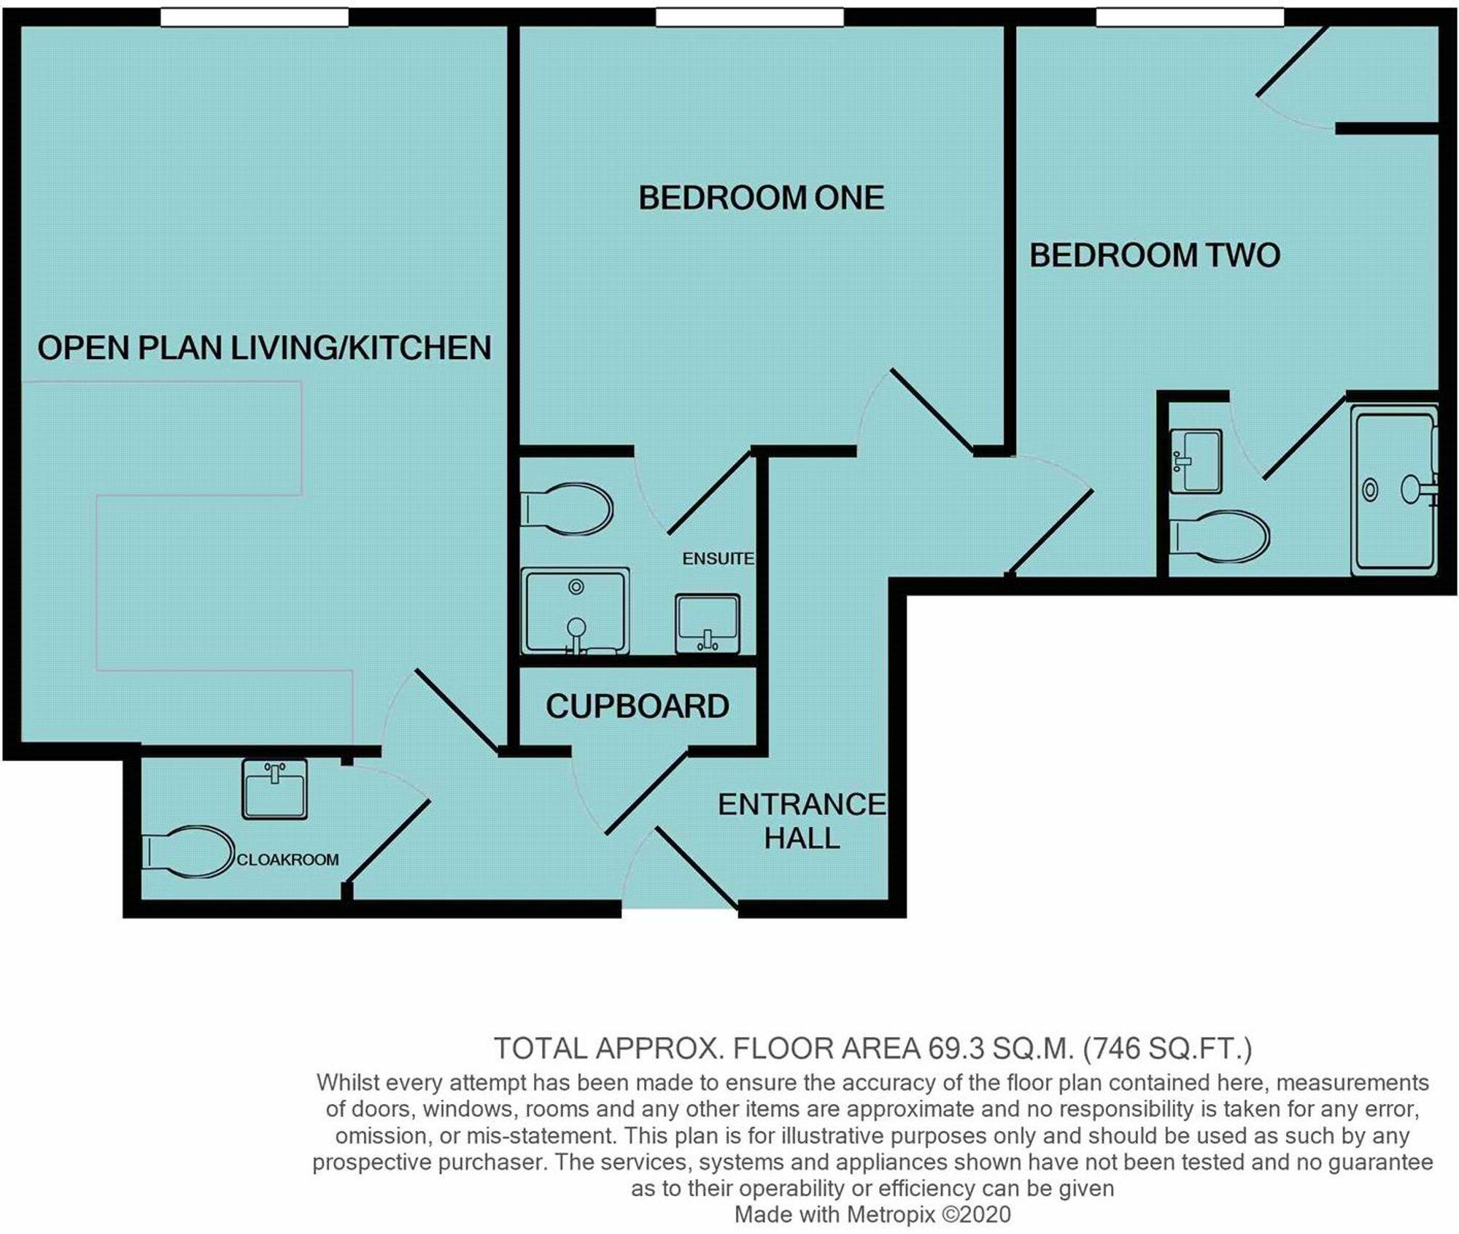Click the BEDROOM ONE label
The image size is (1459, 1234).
click(761, 198)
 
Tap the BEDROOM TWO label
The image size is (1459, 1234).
click(1154, 255)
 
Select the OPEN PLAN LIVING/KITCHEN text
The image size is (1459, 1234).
click(264, 347)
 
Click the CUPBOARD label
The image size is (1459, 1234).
click(637, 706)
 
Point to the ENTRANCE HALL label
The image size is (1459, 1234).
click(801, 821)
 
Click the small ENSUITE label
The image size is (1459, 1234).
click(717, 558)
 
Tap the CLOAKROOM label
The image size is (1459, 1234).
click(287, 860)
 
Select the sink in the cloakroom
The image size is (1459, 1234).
click(274, 789)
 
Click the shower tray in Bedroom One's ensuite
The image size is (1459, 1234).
click(575, 612)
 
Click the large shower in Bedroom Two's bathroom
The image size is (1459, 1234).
click(1393, 490)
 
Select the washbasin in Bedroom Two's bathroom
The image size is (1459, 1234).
click(1196, 461)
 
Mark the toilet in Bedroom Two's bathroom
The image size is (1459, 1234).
click(1218, 536)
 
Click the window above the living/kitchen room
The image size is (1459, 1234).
click(254, 17)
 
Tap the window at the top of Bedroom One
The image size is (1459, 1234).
click(749, 17)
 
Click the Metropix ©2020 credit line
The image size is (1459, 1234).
click(872, 1214)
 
